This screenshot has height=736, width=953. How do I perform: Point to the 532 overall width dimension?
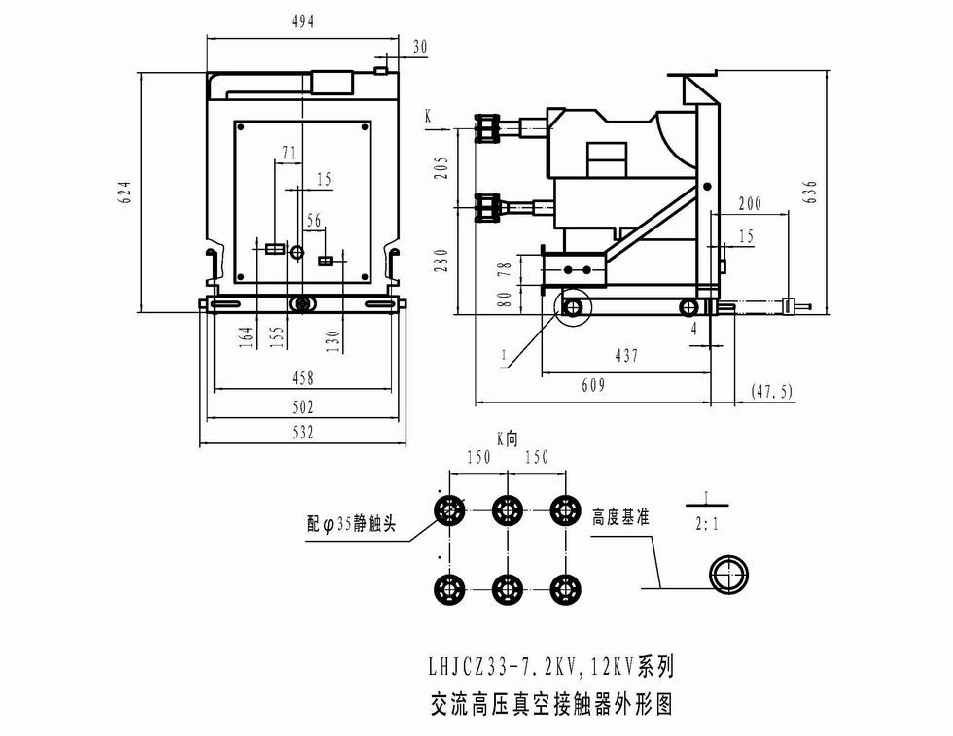303,433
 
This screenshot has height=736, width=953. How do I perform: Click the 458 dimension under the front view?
303,378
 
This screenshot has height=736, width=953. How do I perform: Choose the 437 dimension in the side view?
626,356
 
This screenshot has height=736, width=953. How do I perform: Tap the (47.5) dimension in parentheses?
772,391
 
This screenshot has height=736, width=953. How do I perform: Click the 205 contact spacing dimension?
441,167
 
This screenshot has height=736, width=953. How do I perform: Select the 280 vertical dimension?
441,261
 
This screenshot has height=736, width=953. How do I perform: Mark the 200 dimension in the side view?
750,204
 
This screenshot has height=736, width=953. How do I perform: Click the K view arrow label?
428,116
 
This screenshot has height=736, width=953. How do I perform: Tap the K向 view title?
507,438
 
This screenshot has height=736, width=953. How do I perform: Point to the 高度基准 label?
620,519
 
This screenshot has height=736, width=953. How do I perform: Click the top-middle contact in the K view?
507,509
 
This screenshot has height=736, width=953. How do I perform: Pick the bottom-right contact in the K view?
565,588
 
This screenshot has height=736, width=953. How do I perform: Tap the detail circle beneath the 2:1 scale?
727,574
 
